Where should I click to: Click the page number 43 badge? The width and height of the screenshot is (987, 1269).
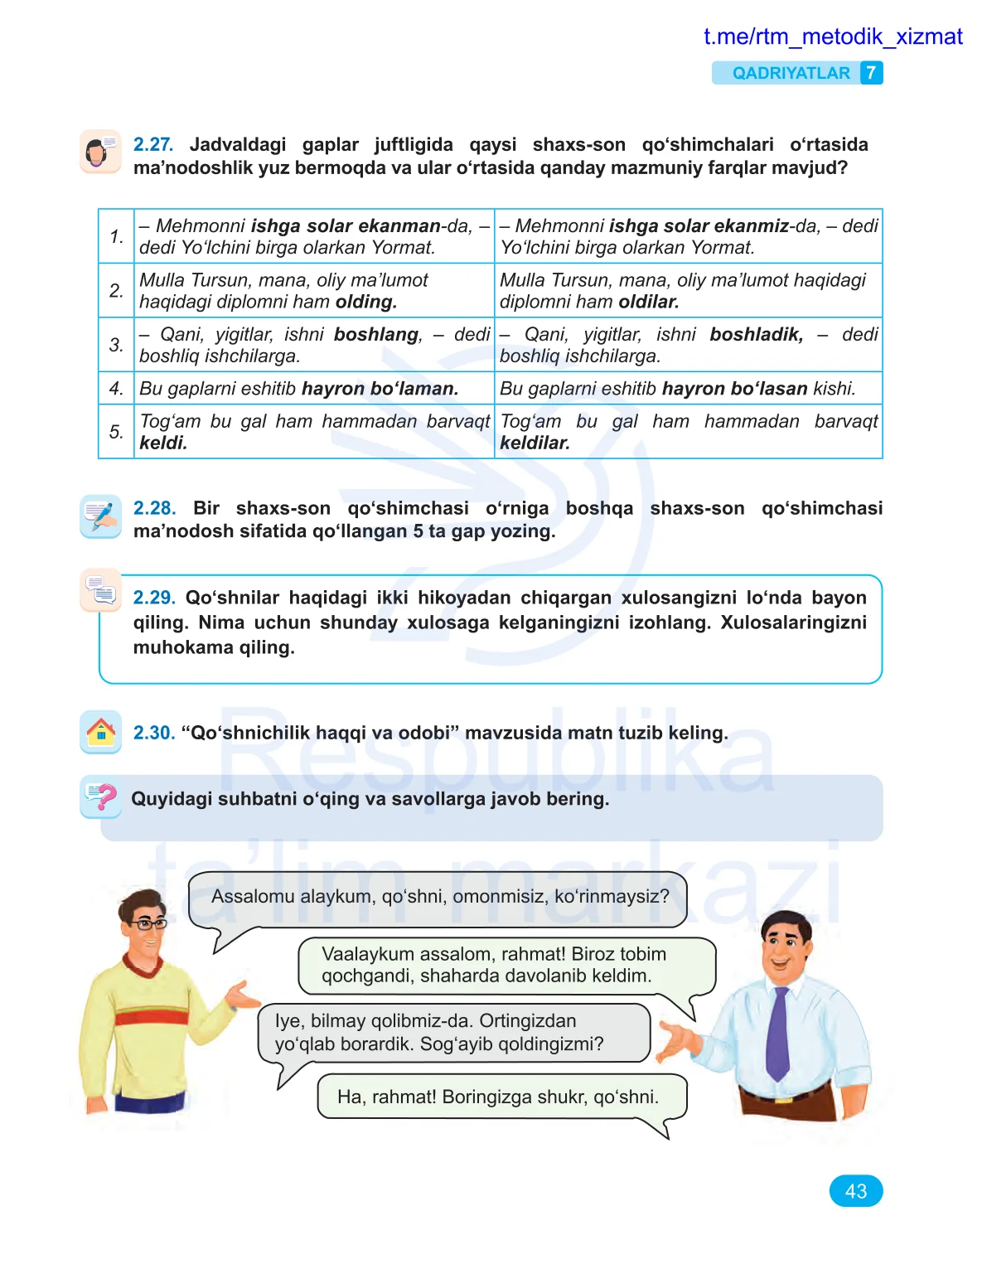point(855,1191)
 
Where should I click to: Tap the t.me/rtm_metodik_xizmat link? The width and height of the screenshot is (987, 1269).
point(832,36)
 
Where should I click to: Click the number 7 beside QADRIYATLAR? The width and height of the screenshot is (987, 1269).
point(871,73)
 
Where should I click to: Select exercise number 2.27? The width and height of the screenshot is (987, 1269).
point(152,144)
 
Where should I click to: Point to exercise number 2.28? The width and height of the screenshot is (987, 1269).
point(154,508)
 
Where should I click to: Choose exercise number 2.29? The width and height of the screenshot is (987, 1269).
point(154,598)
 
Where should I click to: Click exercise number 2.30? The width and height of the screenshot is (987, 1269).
point(154,733)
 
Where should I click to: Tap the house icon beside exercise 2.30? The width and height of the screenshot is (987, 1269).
point(101,732)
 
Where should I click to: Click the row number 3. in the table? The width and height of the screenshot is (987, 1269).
point(116,345)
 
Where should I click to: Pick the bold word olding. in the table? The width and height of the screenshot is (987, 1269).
point(366,302)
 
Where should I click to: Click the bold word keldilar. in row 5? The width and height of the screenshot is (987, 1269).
point(535,443)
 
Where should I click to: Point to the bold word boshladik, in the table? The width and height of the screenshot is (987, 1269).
point(756,334)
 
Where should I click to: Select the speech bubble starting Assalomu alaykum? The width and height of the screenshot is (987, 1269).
point(438,898)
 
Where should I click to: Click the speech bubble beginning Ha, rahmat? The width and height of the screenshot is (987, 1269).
point(500,1097)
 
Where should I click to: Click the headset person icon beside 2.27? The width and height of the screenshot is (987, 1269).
point(101,152)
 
